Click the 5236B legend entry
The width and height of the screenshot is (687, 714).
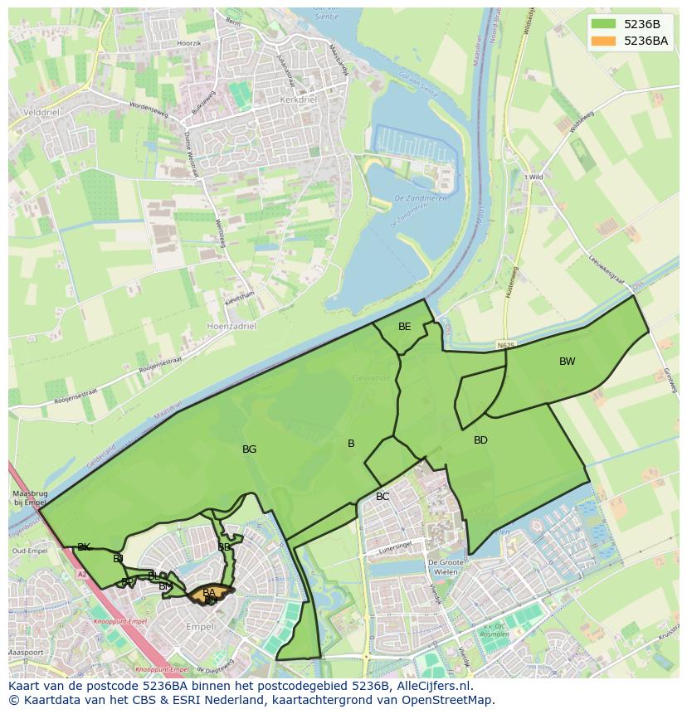click(641, 24)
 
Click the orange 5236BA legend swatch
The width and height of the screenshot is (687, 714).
click(604, 41)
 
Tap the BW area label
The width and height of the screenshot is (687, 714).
click(567, 362)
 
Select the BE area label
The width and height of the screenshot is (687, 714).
click(404, 327)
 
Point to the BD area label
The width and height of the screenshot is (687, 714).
click(480, 440)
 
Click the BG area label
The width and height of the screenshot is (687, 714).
click(249, 449)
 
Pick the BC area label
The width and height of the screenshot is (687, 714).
click(382, 497)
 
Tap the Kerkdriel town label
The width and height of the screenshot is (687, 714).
click(300, 99)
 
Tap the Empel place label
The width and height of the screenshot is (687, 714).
click(199, 627)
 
